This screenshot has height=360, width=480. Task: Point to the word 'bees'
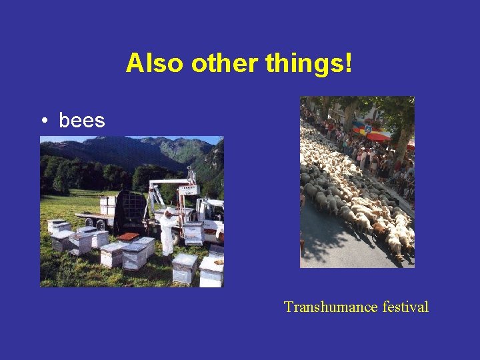click(x=82, y=121)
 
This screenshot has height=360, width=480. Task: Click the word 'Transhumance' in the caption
click(x=331, y=307)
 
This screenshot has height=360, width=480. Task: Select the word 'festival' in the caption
click(x=405, y=307)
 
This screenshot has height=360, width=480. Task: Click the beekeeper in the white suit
click(x=167, y=233)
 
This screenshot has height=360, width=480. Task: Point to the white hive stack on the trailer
click(x=108, y=205)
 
